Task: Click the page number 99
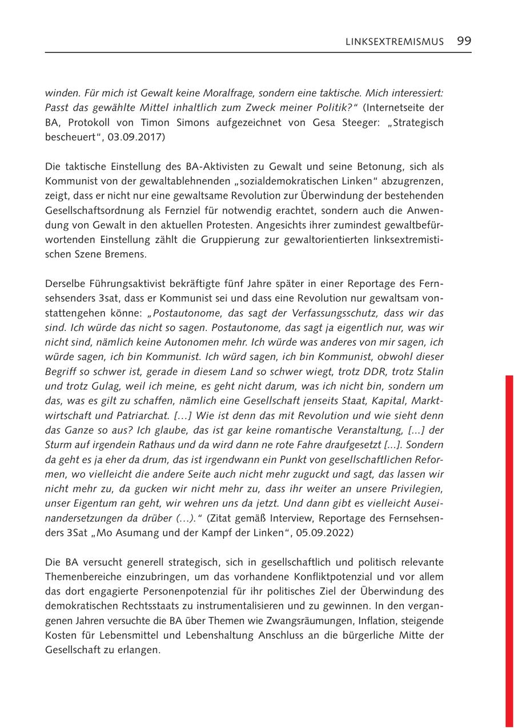point(464,41)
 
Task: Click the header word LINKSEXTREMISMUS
point(395,42)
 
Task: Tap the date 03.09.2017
point(138,137)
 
